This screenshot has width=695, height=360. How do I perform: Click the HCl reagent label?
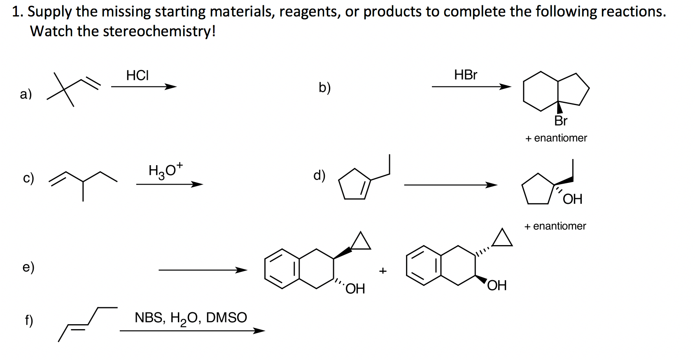coord(138,75)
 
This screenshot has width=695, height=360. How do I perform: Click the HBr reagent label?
coord(466,75)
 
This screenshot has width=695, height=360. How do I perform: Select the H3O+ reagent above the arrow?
coord(165,170)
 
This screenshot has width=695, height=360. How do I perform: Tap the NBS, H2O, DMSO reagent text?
coord(191,318)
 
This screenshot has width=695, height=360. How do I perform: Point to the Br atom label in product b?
coord(560,121)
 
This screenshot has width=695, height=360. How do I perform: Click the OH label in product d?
coord(572,199)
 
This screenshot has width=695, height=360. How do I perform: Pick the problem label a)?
coord(26,94)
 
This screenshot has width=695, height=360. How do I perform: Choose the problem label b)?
coord(324,87)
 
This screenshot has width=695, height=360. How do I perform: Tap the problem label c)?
coord(28,178)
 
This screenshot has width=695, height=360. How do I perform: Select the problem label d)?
coord(319,175)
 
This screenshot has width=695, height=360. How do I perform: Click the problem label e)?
coord(28,267)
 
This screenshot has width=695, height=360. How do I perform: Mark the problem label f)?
coord(28,320)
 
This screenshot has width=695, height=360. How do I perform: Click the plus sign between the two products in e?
coord(383,271)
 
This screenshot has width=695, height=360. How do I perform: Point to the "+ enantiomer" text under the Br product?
coord(556,138)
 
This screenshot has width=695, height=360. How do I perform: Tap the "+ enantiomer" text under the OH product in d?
coord(555,226)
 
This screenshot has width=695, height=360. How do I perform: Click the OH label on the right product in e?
coord(497,285)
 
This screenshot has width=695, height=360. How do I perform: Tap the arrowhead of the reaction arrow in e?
coord(241,270)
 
